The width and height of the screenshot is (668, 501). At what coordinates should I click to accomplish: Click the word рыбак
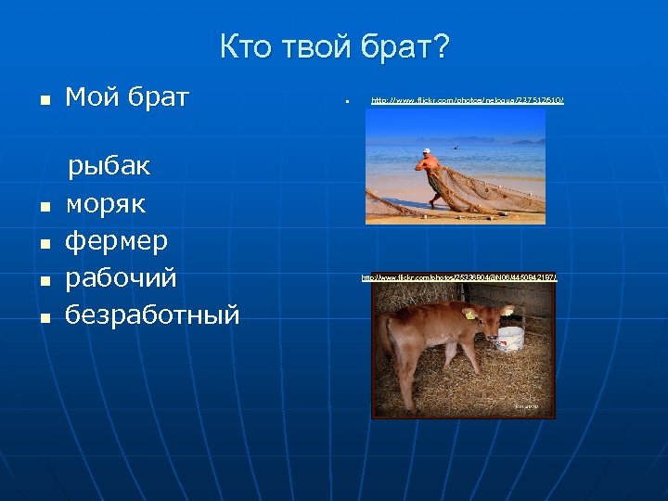(x=109, y=168)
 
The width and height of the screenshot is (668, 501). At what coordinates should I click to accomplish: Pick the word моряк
(x=105, y=204)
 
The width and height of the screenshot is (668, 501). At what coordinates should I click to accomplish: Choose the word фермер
(x=116, y=241)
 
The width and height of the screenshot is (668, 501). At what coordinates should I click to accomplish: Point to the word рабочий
(x=121, y=278)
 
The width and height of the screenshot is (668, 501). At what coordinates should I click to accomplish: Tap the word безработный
(x=152, y=315)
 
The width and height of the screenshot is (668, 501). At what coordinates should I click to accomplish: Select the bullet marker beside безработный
(x=42, y=317)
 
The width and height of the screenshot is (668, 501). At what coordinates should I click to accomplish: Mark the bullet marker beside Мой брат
(x=42, y=98)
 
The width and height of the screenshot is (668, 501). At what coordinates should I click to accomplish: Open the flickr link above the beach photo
(x=467, y=99)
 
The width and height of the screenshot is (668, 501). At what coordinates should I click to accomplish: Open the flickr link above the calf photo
(x=458, y=277)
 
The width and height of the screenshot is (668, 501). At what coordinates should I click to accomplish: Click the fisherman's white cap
(x=426, y=150)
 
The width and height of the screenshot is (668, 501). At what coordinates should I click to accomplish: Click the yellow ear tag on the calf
(x=470, y=315)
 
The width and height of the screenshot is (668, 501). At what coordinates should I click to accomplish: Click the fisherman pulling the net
(x=430, y=173)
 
